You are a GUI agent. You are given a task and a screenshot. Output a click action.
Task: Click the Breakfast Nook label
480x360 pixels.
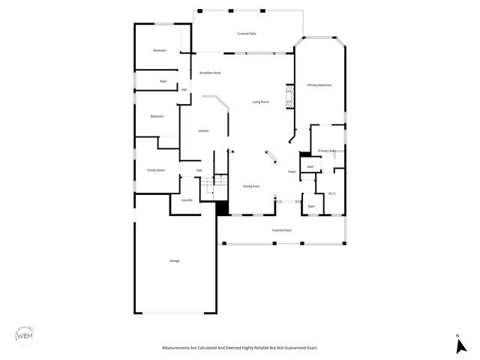[210, 73]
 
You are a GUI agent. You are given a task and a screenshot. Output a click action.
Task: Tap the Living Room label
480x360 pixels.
[260, 102]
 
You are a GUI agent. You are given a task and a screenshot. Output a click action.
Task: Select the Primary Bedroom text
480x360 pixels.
[319, 85]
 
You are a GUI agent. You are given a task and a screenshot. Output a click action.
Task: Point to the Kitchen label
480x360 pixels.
[203, 131]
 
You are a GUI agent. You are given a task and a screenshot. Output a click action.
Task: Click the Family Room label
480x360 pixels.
[156, 171]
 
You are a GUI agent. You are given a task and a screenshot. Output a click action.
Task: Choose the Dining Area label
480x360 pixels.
[251, 186]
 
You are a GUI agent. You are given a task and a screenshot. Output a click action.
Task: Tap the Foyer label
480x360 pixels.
[292, 172]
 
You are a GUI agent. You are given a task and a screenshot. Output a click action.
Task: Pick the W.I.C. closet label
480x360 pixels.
[331, 193]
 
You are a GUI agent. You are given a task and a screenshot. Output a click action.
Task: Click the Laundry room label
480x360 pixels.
[187, 200]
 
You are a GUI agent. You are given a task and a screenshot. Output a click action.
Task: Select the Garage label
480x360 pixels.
[174, 261]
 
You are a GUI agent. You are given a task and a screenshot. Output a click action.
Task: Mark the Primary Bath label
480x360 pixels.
[326, 151]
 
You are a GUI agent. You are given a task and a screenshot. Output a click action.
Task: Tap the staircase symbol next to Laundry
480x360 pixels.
[221, 182]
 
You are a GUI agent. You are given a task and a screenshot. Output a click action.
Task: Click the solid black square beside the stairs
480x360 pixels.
[222, 208]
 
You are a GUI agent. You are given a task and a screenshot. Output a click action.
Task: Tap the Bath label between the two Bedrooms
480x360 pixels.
[163, 81]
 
